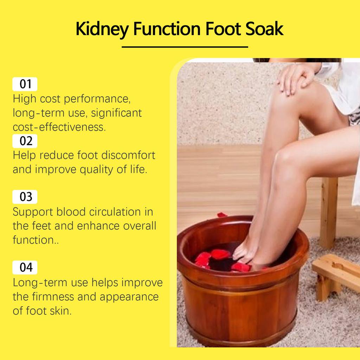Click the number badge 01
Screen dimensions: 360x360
click(x=25, y=84)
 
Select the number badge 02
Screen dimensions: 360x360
click(x=25, y=141)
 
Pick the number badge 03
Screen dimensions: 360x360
click(x=25, y=197)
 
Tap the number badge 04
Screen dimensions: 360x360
click(x=25, y=268)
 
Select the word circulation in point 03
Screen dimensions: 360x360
click(x=112, y=212)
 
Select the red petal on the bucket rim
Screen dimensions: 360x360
click(x=222, y=214)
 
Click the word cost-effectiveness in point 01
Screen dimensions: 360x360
click(x=59, y=127)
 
